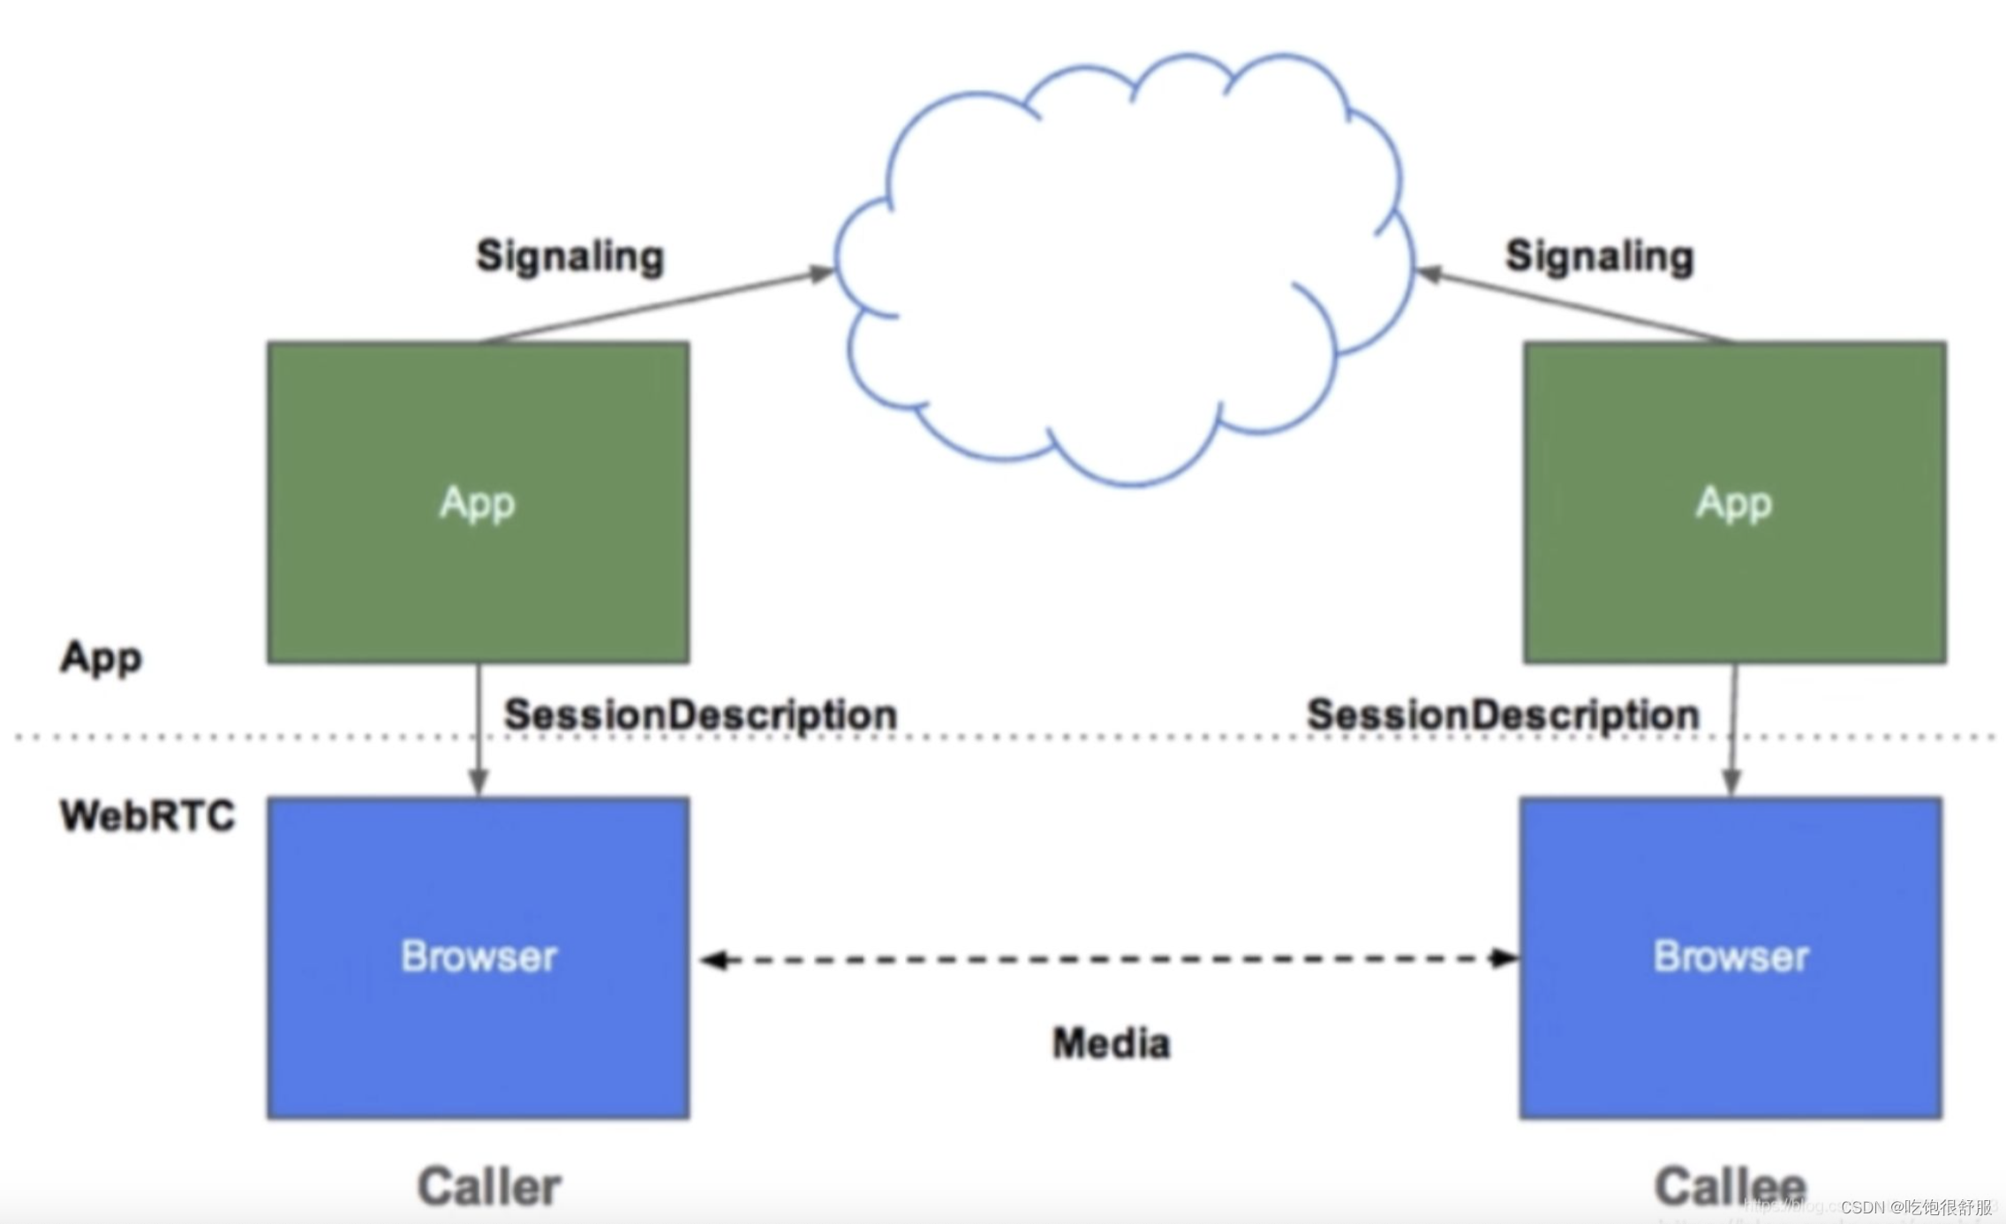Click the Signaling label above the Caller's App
(569, 257)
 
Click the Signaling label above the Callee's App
(1599, 257)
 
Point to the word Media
(1111, 1044)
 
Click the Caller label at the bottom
(489, 1186)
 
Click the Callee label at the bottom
(1729, 1186)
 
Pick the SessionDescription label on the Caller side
(700, 714)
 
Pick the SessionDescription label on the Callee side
(1503, 714)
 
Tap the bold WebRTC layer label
(147, 815)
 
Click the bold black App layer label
(101, 658)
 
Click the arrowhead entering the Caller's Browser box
(479, 782)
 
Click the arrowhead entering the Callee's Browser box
(1731, 782)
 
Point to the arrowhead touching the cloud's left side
(821, 274)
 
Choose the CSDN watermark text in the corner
(1916, 1207)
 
